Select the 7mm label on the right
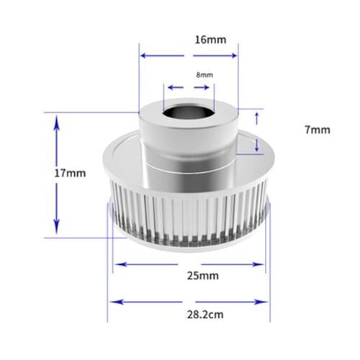[317, 130]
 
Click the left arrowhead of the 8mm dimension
[168, 88]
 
